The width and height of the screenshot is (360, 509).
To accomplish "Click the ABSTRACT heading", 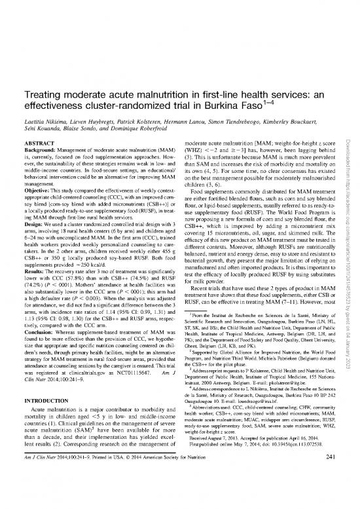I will [x=39, y=142].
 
